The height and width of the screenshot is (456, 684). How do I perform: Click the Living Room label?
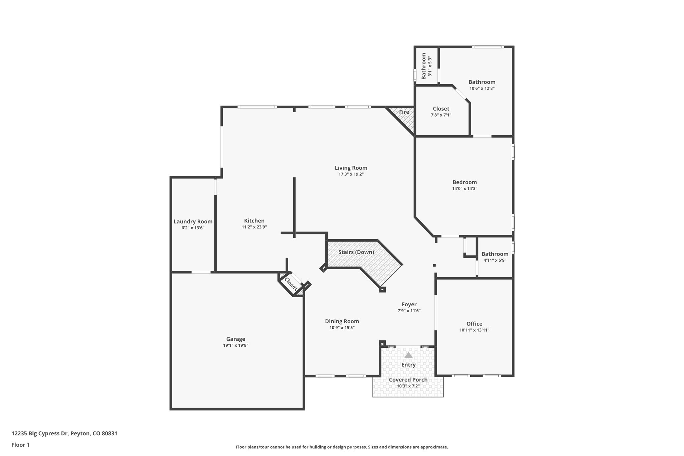coord(351,168)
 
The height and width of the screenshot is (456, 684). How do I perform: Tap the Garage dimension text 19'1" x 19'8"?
coord(235,345)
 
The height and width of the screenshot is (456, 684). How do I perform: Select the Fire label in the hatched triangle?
coord(404,112)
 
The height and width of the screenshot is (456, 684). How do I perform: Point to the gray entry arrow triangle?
coord(408,355)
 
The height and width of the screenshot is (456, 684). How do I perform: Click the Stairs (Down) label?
coord(356,252)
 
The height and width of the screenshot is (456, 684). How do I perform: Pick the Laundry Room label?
coord(193,221)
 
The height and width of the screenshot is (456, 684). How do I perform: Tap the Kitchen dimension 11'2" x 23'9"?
coord(254,227)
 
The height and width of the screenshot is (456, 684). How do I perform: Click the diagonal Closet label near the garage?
coord(291,284)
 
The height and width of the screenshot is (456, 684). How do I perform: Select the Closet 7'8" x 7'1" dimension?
coord(441,115)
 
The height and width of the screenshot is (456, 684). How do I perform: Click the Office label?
coord(474,324)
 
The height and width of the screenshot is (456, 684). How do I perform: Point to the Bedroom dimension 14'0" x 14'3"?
coord(465,188)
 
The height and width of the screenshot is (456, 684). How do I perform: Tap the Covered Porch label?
coord(408,380)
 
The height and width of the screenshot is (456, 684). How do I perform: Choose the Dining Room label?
coord(342,321)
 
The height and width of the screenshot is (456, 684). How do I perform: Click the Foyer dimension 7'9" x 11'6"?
coord(409,311)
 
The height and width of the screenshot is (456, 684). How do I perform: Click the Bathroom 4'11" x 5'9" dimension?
coord(495,260)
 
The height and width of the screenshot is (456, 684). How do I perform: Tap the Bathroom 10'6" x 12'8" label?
coord(482,82)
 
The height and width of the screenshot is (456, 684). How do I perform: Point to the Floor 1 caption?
coord(20,445)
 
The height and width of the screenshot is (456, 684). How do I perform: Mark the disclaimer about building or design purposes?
coord(342,447)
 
